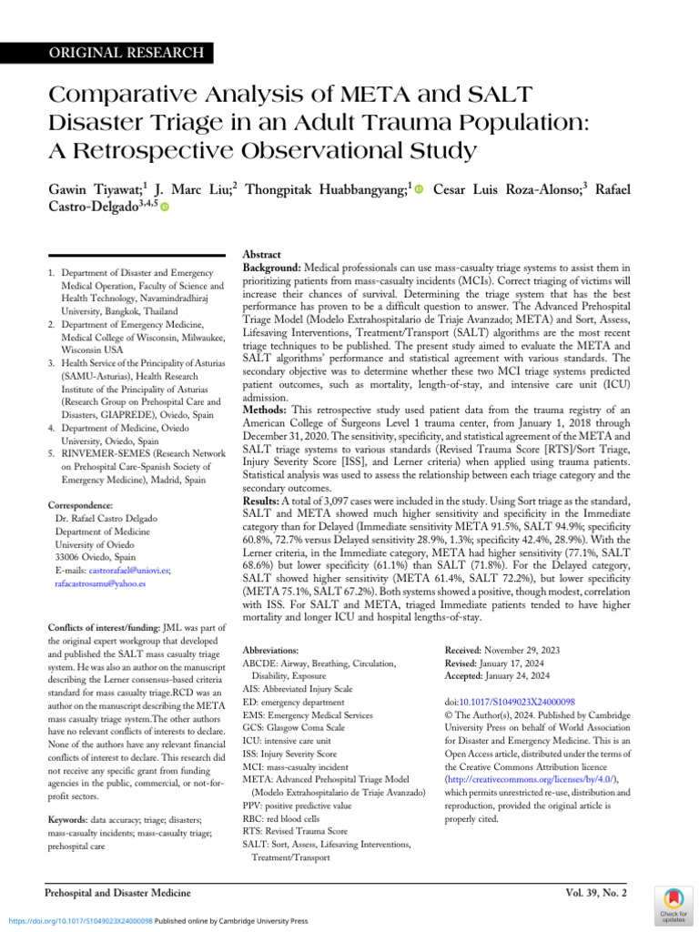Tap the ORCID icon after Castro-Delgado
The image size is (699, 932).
pos(166,208)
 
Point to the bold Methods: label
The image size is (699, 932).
pos(271,412)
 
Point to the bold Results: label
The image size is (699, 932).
pos(268,501)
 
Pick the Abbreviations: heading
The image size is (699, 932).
pos(270,651)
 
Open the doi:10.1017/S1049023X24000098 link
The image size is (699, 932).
pos(514,703)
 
